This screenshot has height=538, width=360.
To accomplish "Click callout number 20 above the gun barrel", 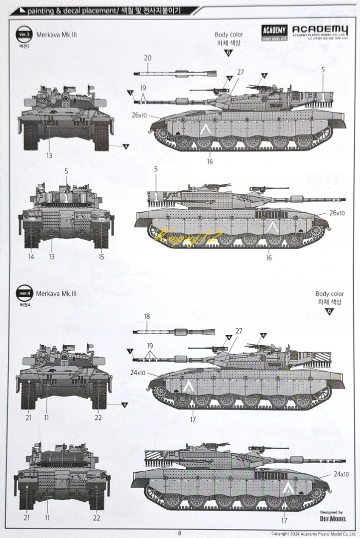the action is point(147,58).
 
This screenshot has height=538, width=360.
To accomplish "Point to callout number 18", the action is point(147,316).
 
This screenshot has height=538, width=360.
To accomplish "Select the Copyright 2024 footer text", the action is point(312,532).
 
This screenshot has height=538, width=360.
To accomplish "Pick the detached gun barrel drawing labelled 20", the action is point(175,74).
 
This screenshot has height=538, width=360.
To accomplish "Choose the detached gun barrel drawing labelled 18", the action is point(174,331).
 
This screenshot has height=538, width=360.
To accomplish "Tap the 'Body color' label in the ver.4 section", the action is point(330,294).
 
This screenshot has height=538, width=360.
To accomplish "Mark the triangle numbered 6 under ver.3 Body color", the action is point(229,53).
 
